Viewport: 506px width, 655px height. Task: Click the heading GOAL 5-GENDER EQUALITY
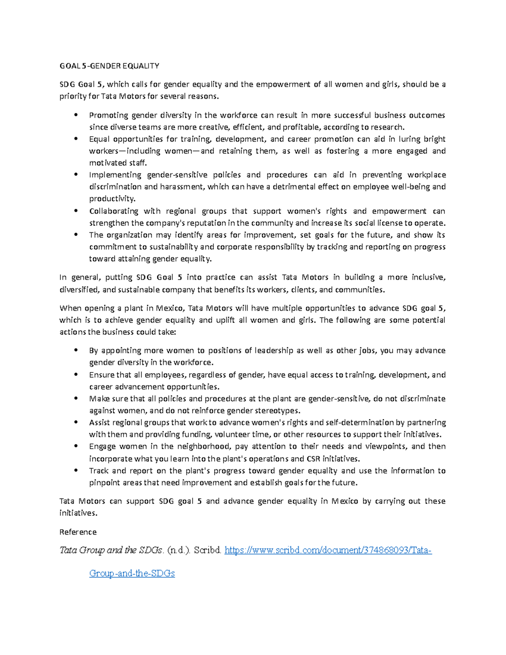pos(109,66)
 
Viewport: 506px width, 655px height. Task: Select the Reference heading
pos(78,532)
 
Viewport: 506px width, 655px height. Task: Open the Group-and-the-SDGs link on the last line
pos(132,573)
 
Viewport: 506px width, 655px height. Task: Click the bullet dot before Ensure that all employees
pos(76,374)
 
